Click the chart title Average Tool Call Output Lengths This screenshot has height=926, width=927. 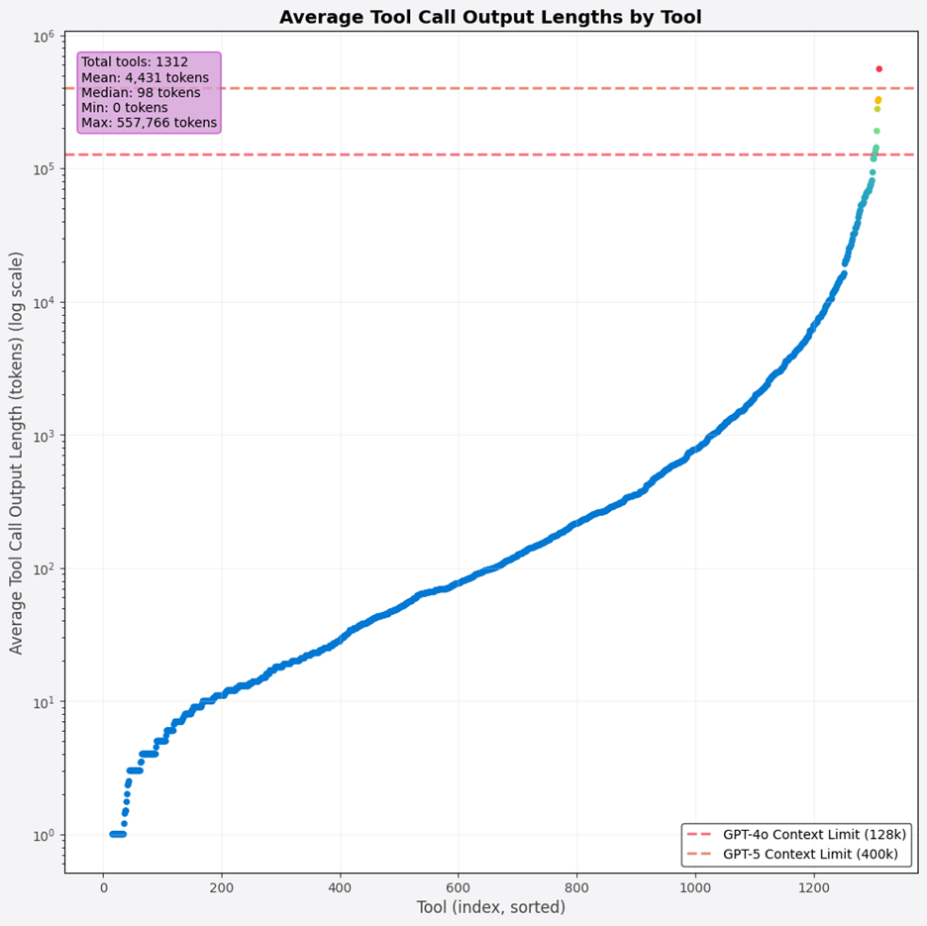tap(490, 17)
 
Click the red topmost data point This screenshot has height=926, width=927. tap(878, 69)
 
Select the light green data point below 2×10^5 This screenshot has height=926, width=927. tap(876, 131)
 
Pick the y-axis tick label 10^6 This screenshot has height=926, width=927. tap(44, 37)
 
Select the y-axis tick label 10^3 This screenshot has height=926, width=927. tap(44, 436)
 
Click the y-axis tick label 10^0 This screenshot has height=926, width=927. tap(44, 835)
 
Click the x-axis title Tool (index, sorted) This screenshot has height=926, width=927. tap(490, 907)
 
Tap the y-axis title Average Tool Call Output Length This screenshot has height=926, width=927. tap(17, 453)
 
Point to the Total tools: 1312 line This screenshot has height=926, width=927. tap(135, 61)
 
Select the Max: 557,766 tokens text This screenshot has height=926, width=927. tap(149, 123)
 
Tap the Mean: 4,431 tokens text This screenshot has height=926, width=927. tap(145, 77)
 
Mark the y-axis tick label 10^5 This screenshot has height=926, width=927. tap(44, 169)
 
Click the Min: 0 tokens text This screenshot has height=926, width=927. tap(125, 108)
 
